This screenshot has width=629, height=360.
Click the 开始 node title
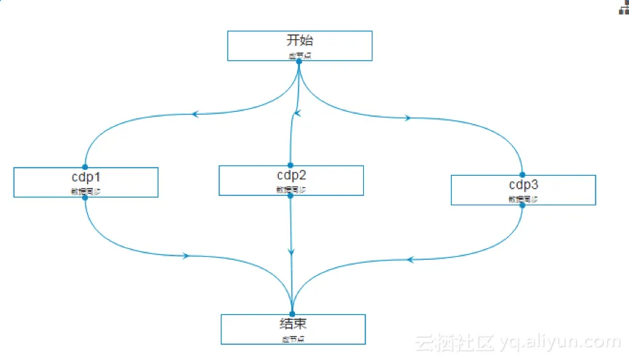[299, 41]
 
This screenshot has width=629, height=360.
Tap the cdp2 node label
[291, 176]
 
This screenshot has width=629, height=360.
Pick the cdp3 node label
[523, 184]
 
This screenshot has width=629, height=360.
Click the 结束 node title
[293, 324]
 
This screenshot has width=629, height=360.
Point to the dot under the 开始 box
[299, 61]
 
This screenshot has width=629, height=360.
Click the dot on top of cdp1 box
[85, 167]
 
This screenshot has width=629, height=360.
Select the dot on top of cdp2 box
[291, 165]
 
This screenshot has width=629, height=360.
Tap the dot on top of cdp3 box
[523, 174]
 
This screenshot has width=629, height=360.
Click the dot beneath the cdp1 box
[85, 197]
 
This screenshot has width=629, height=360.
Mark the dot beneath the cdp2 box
[291, 195]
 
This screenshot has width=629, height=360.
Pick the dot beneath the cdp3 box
[523, 205]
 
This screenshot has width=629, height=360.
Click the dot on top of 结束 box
[293, 314]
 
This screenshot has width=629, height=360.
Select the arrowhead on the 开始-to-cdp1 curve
[194, 114]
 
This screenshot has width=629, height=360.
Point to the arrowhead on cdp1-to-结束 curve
[187, 255]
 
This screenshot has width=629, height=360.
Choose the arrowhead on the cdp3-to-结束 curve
[410, 259]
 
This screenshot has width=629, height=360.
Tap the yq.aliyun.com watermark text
[559, 342]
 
